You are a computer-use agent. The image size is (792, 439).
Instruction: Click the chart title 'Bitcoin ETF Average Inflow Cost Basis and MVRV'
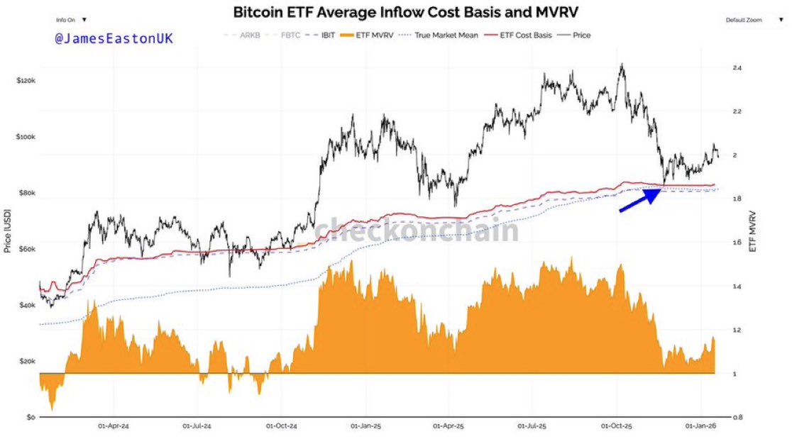pos(405,13)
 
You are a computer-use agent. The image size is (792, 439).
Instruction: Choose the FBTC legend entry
pos(285,35)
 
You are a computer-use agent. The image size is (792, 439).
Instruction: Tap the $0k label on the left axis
pos(26,418)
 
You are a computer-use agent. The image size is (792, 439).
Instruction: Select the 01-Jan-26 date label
pos(700,428)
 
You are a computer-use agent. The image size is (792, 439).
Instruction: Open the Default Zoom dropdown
pos(749,20)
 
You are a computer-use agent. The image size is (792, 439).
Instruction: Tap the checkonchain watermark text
pos(416,229)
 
